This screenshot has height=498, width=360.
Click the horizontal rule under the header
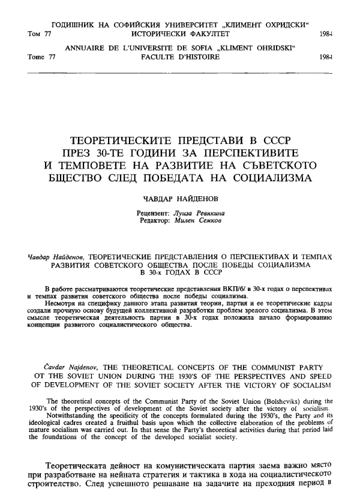click(180, 71)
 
